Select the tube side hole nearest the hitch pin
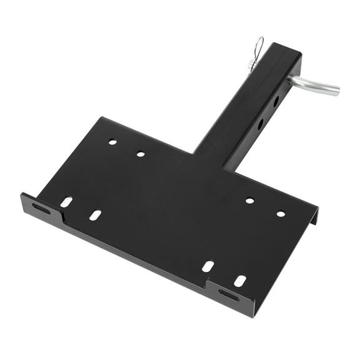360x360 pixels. point(276,101)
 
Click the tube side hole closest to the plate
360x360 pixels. point(260,123)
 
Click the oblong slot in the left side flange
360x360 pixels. point(42,208)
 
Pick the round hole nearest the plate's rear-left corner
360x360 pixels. point(112,142)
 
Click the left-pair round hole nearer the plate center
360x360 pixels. point(141,153)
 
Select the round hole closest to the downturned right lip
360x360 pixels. point(281,214)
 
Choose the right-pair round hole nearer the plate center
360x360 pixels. point(249,201)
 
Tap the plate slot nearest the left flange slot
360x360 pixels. point(66,202)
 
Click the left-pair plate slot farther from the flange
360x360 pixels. point(95,214)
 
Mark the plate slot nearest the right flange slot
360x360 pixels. point(239,281)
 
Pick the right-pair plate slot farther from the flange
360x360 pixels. point(208,266)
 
